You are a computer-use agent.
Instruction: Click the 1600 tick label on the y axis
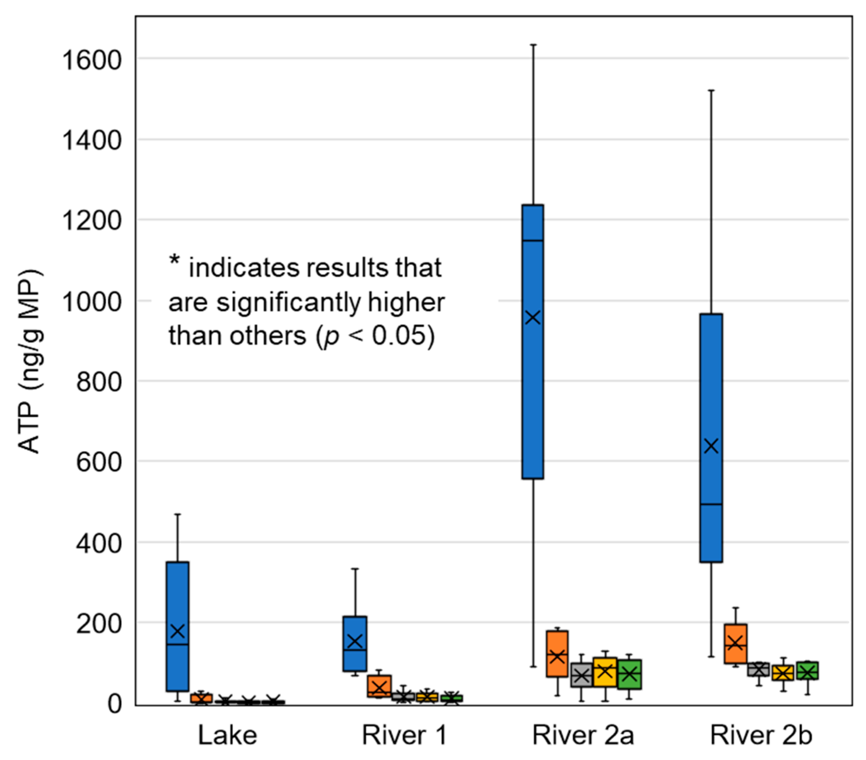click(x=86, y=60)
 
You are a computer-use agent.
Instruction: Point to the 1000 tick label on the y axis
click(x=86, y=302)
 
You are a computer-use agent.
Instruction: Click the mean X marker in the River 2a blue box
click(x=533, y=317)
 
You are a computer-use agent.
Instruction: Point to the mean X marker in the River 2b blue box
click(x=711, y=446)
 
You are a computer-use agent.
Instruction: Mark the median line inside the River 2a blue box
click(x=533, y=241)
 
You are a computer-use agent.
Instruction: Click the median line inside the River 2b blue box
click(x=711, y=504)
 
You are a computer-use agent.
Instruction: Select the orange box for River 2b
click(x=735, y=644)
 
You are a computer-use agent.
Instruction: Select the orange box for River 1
click(x=379, y=686)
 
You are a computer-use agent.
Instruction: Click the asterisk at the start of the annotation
click(x=174, y=259)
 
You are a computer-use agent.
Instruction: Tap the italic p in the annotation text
click(x=332, y=337)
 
